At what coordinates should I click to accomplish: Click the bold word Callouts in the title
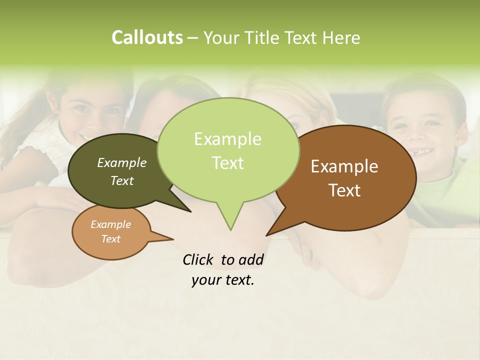(x=147, y=37)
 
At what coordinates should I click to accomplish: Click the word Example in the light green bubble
(x=227, y=139)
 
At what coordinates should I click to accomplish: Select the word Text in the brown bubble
(x=344, y=190)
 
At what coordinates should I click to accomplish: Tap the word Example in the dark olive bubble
(x=122, y=162)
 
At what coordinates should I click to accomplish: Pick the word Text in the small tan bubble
(x=111, y=239)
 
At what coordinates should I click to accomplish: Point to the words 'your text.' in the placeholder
(x=223, y=280)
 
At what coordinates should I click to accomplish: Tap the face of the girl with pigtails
(x=92, y=110)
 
